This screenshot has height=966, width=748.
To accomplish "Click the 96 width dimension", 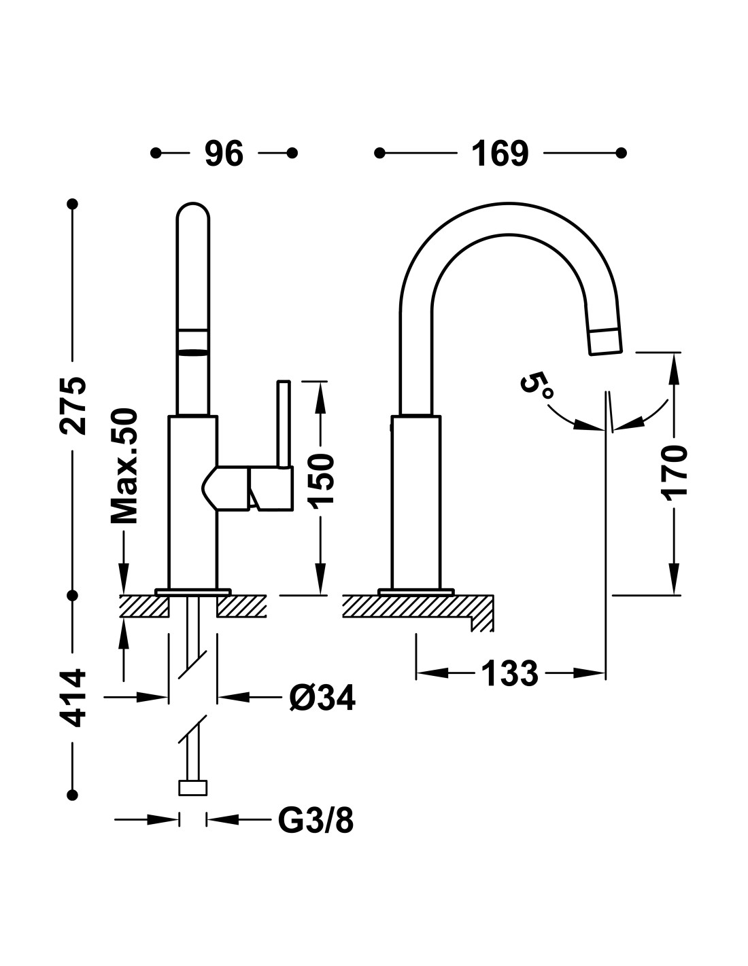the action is (x=224, y=154).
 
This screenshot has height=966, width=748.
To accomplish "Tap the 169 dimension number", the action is (x=500, y=154).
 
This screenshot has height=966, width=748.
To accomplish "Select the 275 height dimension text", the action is (x=73, y=406).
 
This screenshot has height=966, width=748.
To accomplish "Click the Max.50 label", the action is (x=124, y=466).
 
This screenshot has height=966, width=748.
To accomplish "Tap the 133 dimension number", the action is (x=510, y=673).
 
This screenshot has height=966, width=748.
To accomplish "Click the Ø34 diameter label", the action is (x=322, y=698).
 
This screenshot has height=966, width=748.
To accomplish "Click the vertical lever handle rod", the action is (x=284, y=424).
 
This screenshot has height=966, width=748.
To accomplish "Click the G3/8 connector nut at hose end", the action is (x=192, y=788).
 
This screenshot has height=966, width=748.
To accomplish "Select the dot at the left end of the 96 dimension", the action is (x=155, y=154).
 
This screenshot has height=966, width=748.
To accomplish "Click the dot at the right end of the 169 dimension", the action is (x=622, y=154).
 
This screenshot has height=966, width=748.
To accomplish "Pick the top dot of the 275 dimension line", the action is (x=73, y=204).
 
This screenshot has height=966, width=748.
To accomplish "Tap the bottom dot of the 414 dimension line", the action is (x=73, y=795).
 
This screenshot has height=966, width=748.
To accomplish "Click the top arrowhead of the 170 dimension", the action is (x=675, y=368).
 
